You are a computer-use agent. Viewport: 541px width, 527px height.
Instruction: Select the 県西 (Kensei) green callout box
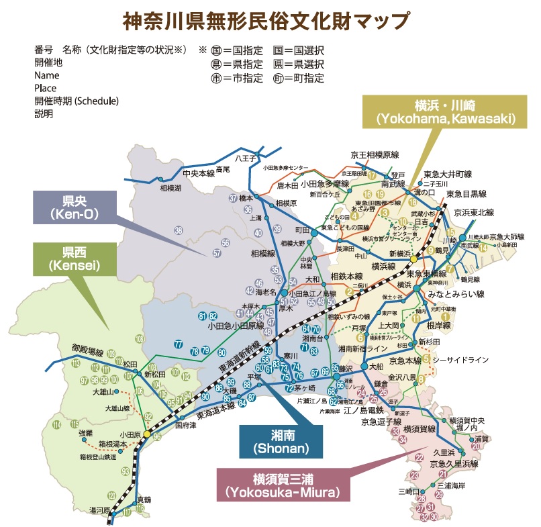(x=71, y=259)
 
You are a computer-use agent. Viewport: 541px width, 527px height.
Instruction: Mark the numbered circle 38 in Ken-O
(x=178, y=231)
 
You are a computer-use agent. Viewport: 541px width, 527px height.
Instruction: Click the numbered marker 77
(x=178, y=344)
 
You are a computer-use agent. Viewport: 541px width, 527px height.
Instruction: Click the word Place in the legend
(x=45, y=88)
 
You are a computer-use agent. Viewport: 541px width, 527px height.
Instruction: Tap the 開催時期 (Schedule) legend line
(x=76, y=101)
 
